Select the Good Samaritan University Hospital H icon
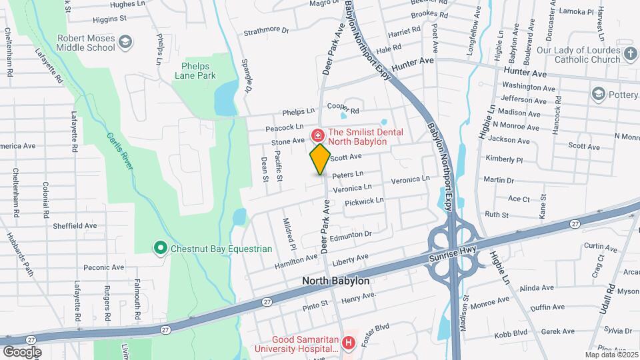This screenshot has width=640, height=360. click(x=348, y=343)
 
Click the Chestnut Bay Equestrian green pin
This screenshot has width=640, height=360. click(x=160, y=249)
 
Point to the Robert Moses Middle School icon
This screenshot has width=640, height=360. click(x=125, y=44)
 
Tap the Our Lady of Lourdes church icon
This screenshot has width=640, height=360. click(x=630, y=53)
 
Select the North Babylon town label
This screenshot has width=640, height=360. click(x=335, y=281)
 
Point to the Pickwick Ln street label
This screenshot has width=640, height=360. click(x=364, y=201)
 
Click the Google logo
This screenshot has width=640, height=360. click(x=22, y=351)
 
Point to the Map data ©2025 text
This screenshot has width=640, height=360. click(x=611, y=355)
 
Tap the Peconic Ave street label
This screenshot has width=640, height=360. click(x=104, y=267)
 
